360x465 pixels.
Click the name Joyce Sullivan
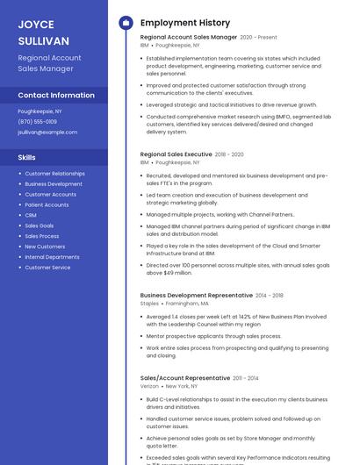(44, 32)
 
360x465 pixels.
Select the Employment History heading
(184, 23)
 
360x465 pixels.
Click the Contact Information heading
(56, 95)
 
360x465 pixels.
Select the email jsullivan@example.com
(47, 132)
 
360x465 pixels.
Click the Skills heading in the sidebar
(27, 157)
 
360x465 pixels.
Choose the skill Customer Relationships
(54, 174)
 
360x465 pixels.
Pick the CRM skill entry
(31, 215)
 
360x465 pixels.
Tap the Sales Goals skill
(40, 225)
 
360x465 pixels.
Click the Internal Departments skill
(52, 257)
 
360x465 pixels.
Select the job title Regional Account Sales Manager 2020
(189, 38)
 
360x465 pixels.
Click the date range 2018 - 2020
(229, 154)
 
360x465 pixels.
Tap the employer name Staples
(149, 304)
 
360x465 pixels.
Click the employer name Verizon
(149, 385)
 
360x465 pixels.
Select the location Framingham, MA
(187, 304)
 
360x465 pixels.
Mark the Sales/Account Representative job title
(184, 377)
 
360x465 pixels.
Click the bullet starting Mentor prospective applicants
(213, 336)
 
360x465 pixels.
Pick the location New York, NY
(181, 385)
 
